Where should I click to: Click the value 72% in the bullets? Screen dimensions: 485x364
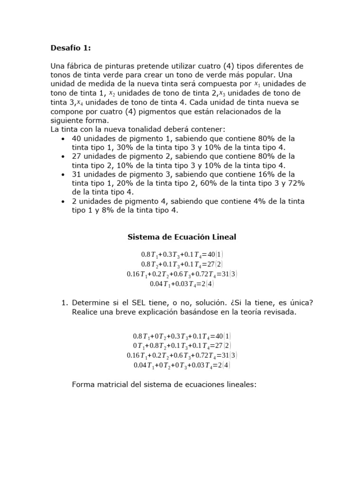(x=295, y=183)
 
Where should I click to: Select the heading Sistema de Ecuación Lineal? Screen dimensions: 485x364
(x=182, y=236)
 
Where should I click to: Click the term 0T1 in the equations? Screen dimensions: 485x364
(x=140, y=346)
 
